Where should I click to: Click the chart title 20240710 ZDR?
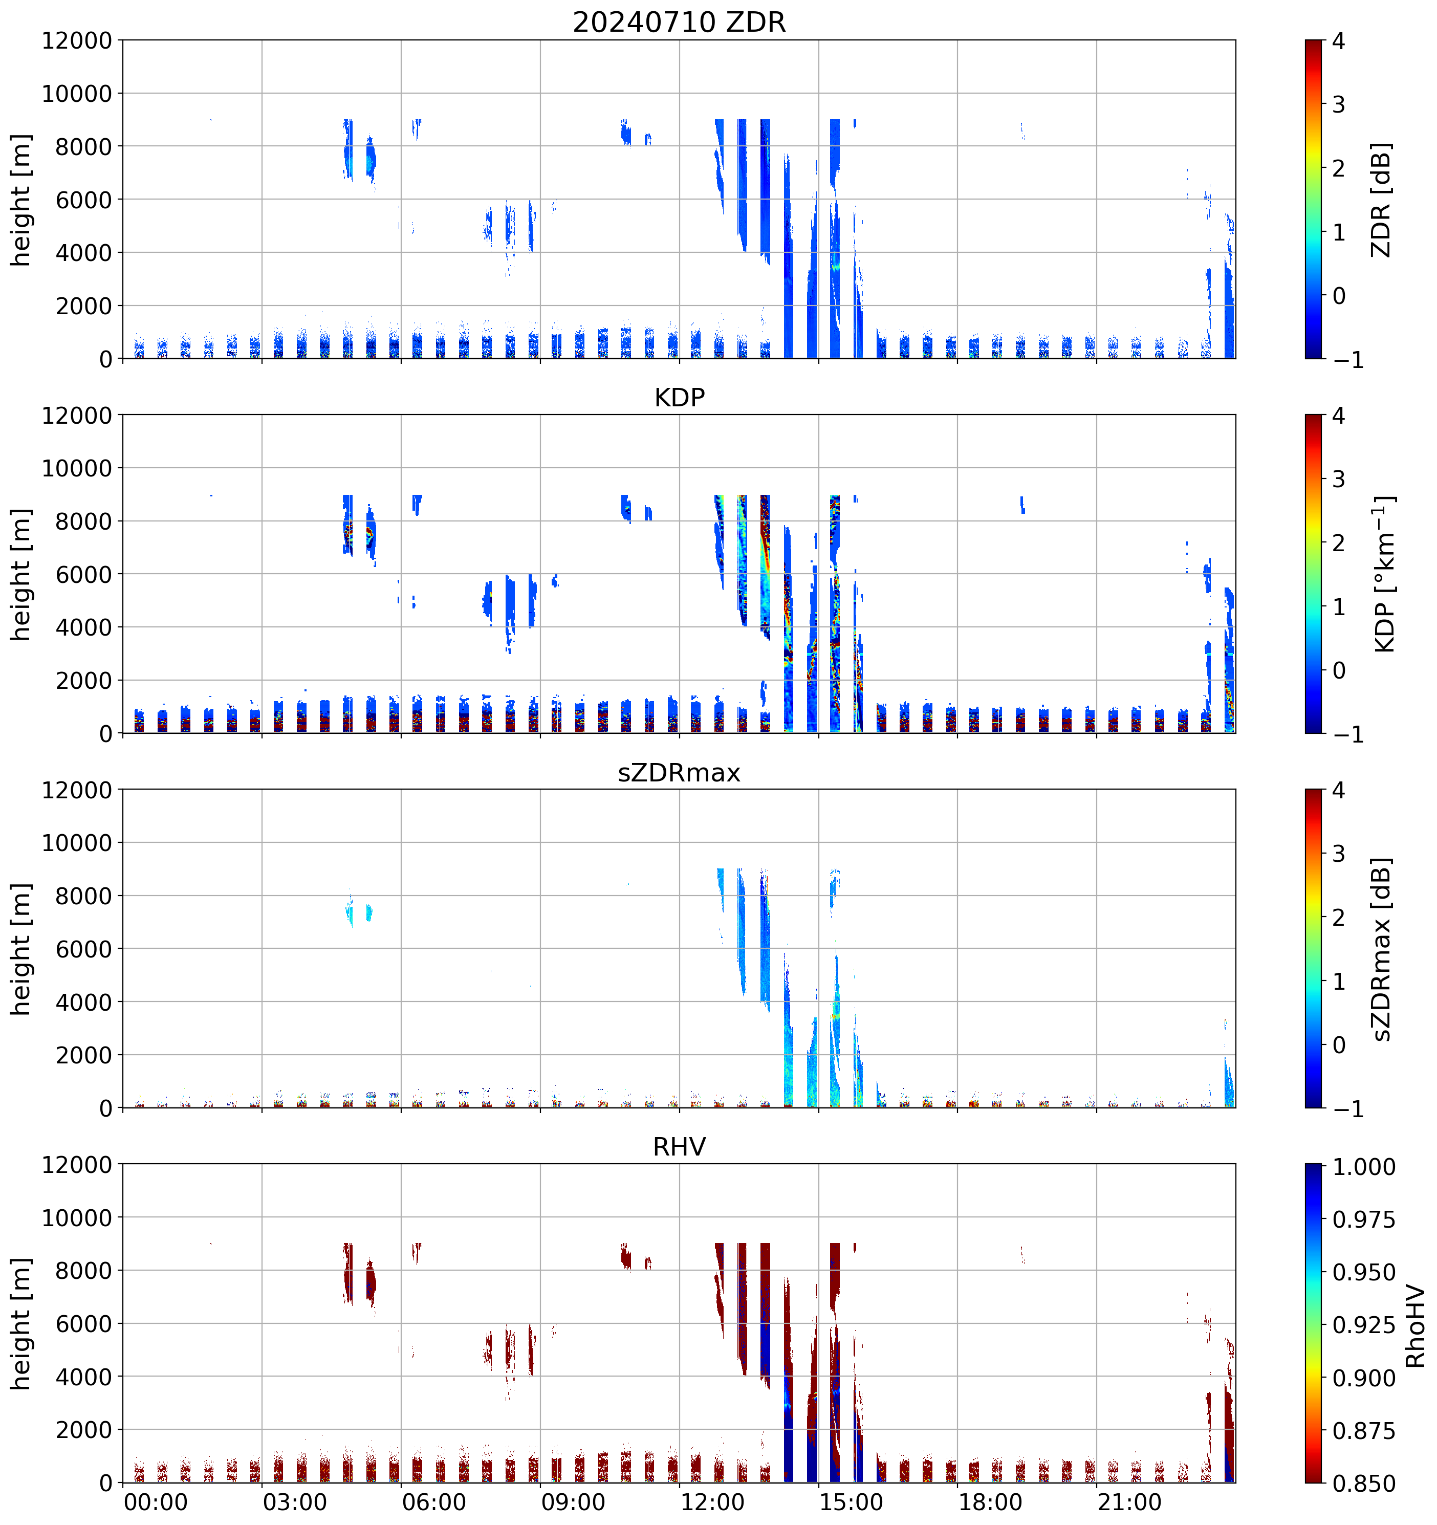point(679,22)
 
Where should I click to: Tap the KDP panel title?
point(679,397)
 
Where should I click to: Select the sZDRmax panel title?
point(679,772)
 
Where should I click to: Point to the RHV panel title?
point(679,1147)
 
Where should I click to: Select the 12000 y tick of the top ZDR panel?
point(77,40)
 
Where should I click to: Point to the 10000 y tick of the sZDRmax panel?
point(77,843)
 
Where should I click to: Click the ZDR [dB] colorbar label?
point(1380,200)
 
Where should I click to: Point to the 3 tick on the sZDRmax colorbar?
point(1339,854)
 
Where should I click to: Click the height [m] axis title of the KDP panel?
point(21,574)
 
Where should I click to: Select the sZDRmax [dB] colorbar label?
point(1380,949)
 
